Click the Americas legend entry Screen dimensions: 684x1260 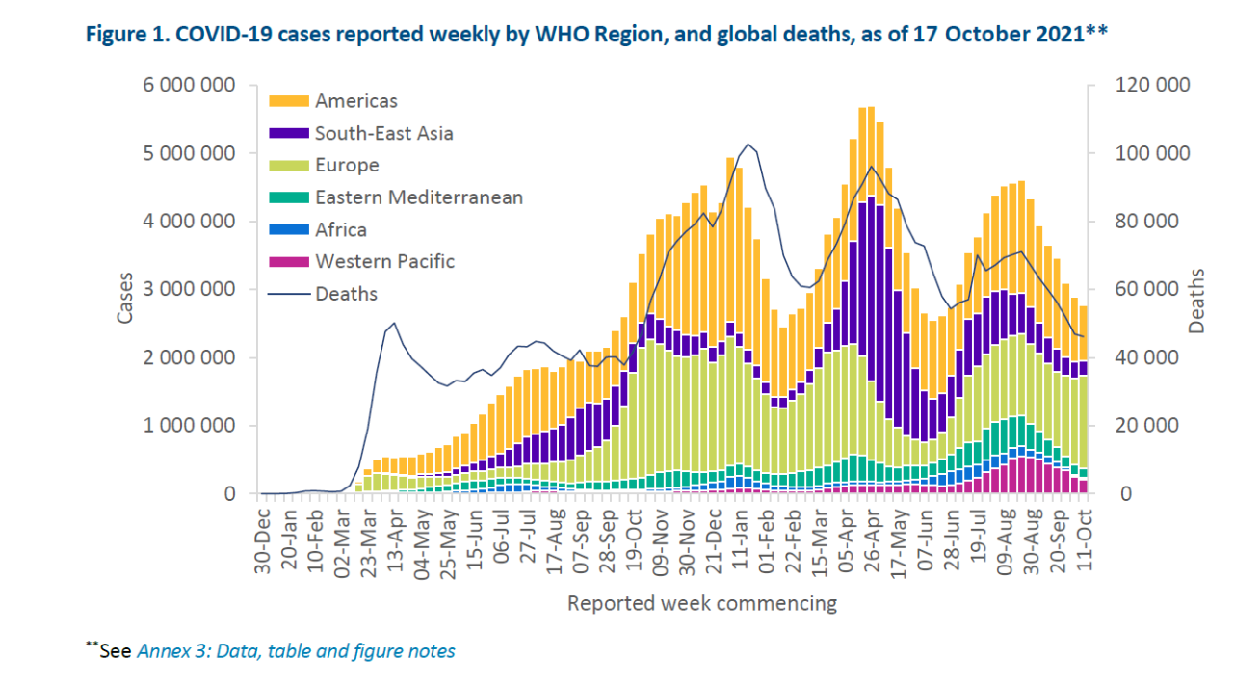pos(355,101)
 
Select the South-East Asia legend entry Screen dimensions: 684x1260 pos(383,133)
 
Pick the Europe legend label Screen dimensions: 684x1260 pos(347,165)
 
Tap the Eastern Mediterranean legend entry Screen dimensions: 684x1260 pos(419,197)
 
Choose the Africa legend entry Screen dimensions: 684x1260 pos(340,229)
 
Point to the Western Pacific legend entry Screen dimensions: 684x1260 pos(384,261)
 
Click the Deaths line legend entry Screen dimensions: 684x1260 pos(346,293)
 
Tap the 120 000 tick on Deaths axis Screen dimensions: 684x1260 pos(1153,86)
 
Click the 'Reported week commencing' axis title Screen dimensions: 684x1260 pos(701,604)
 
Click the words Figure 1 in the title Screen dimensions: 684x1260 pos(125,35)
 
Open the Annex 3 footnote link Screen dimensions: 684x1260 pos(297,651)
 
